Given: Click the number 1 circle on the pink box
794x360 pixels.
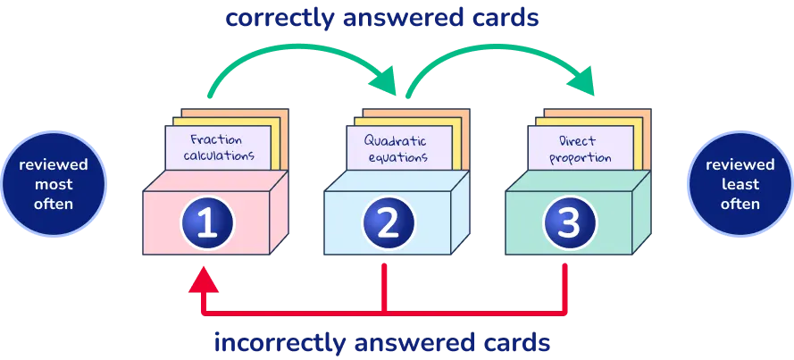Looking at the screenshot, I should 207,222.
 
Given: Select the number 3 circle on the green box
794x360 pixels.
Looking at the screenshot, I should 569,222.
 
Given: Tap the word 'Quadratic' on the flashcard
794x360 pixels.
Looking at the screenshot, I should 396,140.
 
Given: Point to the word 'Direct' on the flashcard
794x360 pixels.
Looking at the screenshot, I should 577,141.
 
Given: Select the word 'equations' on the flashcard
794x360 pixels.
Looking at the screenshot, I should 396,157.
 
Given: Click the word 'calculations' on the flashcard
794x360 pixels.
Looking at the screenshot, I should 219,155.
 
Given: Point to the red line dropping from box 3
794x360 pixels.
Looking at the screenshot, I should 564,286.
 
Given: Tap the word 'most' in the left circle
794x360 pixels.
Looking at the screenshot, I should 54,185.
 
